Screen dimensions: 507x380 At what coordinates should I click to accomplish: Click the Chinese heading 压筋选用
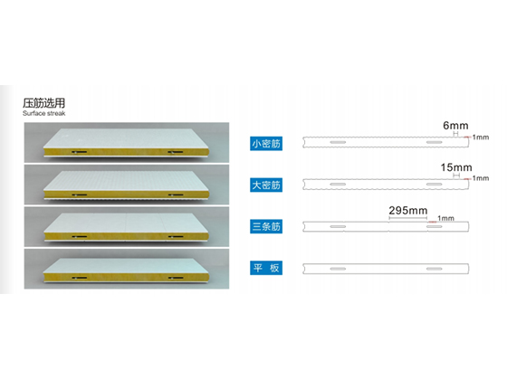click(x=43, y=103)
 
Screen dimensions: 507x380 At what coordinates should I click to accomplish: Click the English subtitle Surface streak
click(x=44, y=113)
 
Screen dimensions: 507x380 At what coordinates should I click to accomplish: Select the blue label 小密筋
click(x=266, y=144)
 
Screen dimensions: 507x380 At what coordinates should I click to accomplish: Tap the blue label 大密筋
click(x=266, y=185)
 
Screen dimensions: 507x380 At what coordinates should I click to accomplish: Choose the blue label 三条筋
click(x=266, y=226)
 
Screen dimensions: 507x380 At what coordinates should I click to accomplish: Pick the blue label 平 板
click(x=266, y=268)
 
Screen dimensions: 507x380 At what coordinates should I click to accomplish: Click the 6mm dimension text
click(x=455, y=126)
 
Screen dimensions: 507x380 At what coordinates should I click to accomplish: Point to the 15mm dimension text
click(x=456, y=167)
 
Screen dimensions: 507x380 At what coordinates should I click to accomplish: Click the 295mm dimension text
click(x=408, y=211)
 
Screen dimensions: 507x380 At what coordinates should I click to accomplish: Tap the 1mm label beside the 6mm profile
click(x=481, y=138)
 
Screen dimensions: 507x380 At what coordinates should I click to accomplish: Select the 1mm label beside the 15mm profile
click(x=481, y=178)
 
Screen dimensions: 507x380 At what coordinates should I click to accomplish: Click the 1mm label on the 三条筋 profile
click(x=445, y=218)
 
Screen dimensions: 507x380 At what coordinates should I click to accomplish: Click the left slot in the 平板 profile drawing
click(x=338, y=269)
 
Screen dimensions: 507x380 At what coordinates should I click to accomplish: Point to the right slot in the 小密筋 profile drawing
click(x=434, y=143)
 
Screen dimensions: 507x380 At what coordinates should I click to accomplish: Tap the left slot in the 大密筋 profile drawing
click(x=338, y=185)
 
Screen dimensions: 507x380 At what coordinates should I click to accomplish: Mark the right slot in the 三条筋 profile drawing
click(x=434, y=226)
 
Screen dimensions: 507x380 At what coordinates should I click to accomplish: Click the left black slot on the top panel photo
click(x=80, y=152)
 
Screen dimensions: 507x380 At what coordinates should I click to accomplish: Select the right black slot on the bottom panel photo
click(x=176, y=278)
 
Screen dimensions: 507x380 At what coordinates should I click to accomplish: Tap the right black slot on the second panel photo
click(x=176, y=195)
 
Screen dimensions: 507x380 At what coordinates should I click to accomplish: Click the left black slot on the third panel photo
click(x=80, y=236)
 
